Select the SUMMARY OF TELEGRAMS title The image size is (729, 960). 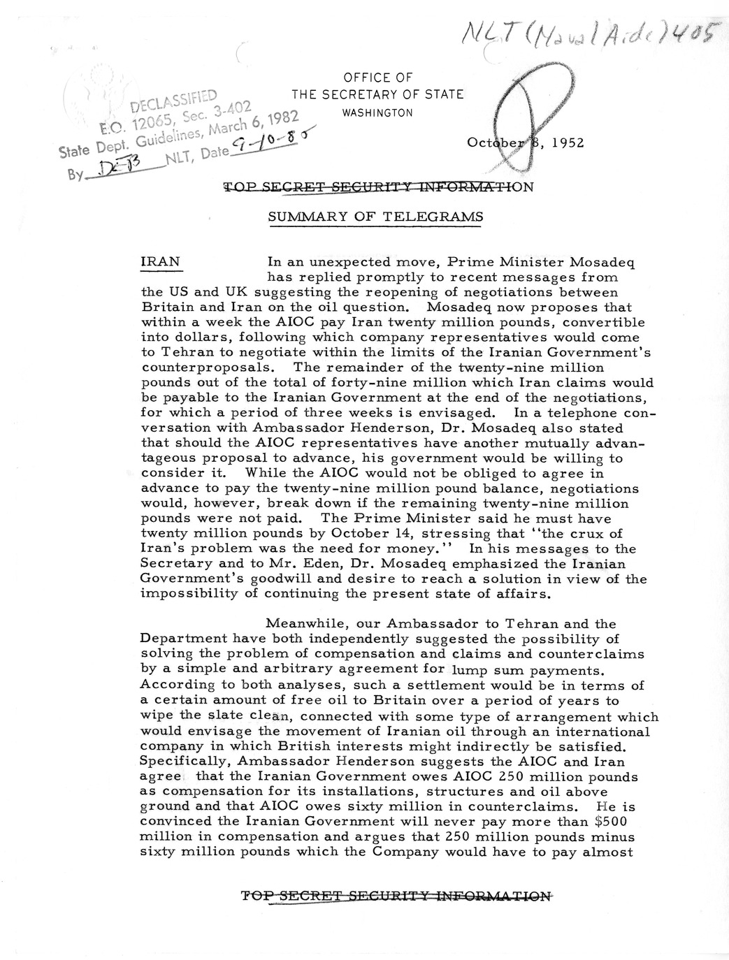(375, 217)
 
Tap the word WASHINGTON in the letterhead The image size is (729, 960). (377, 113)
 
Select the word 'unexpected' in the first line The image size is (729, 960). (342, 263)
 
